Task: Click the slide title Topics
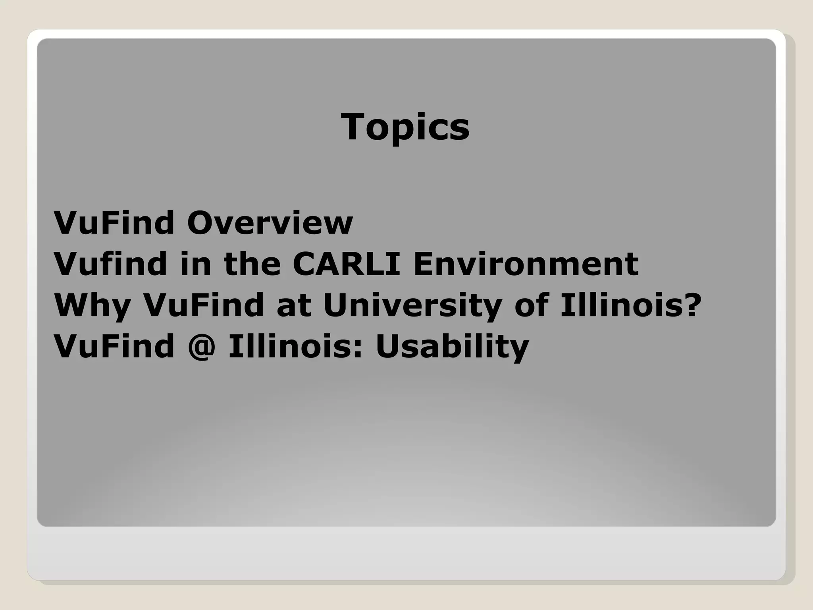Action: coord(405,127)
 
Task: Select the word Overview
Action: coord(270,223)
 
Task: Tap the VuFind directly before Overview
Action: coord(114,223)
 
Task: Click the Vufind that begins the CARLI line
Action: coord(110,264)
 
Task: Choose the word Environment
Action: coord(526,264)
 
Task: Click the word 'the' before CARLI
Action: coord(252,264)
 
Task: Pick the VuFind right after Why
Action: coord(204,305)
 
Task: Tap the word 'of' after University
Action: coord(532,305)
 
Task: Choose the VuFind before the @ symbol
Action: coord(114,346)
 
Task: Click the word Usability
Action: coord(452,347)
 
